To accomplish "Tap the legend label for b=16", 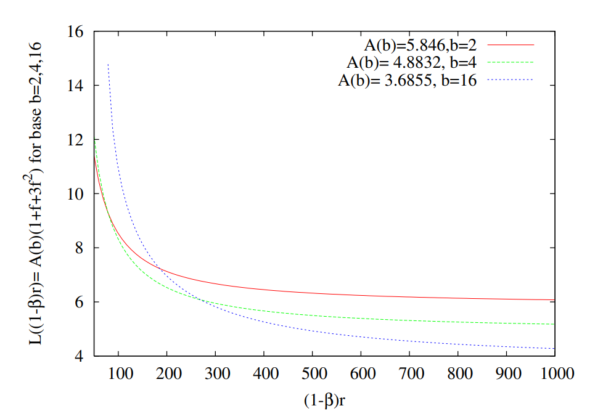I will click(408, 81).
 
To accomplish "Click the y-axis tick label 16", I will click(76, 31).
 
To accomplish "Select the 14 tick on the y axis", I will click(76, 86).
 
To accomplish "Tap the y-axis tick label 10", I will click(76, 194).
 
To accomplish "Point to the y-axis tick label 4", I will click(80, 356).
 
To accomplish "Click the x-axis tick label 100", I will click(118, 373).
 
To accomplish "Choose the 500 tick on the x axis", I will click(312, 373).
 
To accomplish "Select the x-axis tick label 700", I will click(409, 373).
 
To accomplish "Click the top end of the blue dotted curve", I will click(108, 64).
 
